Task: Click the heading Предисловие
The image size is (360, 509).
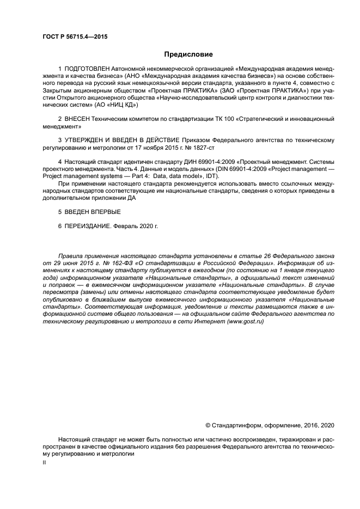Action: pyautogui.click(x=188, y=54)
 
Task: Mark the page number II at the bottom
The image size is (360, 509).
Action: pyautogui.click(x=44, y=461)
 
